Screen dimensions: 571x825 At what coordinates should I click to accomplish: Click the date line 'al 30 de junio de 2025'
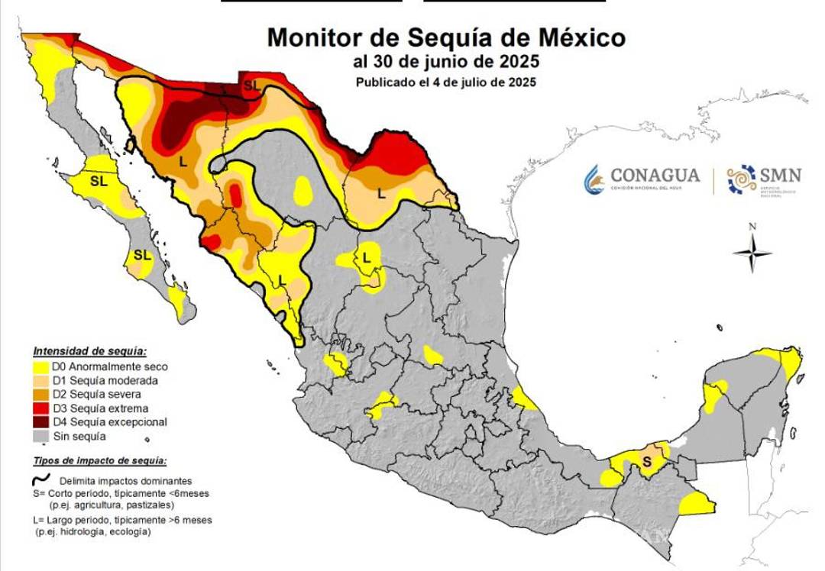coord(446,61)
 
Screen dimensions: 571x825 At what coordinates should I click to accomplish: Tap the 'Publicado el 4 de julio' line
coord(445,82)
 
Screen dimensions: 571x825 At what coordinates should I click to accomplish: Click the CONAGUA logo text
coord(655,176)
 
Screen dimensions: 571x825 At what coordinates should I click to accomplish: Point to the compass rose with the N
coord(752,252)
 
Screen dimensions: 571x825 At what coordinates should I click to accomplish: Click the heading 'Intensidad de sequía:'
coord(89,351)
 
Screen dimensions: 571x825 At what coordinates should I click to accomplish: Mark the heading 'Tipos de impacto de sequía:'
coord(100,461)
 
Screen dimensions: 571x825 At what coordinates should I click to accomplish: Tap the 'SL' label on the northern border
coord(251,85)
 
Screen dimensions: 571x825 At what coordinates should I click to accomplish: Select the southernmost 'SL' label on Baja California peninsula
coord(142,254)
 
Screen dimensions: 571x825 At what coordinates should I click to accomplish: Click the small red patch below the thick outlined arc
coord(236,195)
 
